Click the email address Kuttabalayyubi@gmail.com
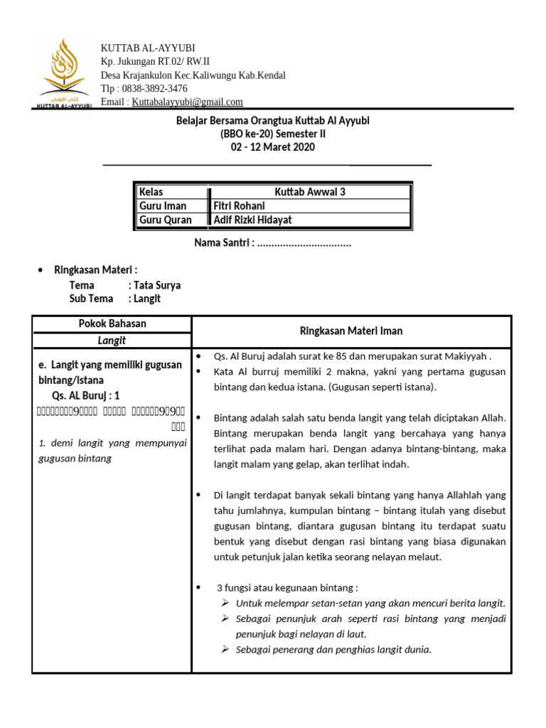point(188,102)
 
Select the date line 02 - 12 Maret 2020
point(272,148)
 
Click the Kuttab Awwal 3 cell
point(310,192)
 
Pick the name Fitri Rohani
point(240,206)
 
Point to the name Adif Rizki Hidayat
point(253,220)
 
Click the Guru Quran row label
point(166,220)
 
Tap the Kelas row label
point(151,192)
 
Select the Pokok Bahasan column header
point(112,324)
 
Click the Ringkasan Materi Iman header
point(351,331)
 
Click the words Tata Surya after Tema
point(154,285)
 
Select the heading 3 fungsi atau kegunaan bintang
point(287,588)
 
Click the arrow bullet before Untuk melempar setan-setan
point(225,603)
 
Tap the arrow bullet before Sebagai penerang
point(225,649)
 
